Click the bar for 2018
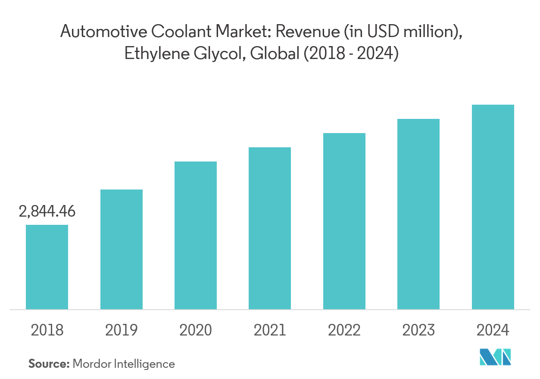point(47,267)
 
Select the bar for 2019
point(122,249)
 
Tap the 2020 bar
point(196,235)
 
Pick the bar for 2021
point(270,228)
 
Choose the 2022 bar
point(344,221)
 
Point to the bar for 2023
point(418,214)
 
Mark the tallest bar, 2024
point(493,207)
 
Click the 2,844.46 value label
point(47,211)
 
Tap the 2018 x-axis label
point(47,330)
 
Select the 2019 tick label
point(122,330)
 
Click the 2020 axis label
point(196,330)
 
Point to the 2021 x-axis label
point(270,330)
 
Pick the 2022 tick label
point(344,330)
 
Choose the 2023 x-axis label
point(418,330)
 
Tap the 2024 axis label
point(493,330)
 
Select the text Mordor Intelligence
point(124,364)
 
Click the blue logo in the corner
point(496,357)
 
